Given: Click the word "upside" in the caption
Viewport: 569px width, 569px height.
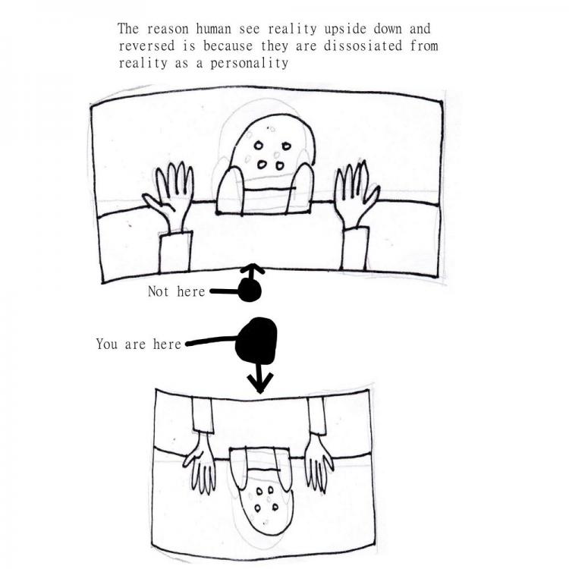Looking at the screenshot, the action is pyautogui.click(x=345, y=30).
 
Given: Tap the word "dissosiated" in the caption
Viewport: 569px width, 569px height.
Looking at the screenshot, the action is pyautogui.click(x=363, y=46).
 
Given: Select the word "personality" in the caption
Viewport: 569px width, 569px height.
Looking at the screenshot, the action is pyautogui.click(x=250, y=64).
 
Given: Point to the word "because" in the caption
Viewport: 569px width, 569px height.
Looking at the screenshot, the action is pyautogui.click(x=228, y=46).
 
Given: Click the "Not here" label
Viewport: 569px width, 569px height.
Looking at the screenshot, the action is pyautogui.click(x=176, y=291).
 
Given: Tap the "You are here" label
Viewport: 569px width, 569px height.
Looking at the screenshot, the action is pyautogui.click(x=138, y=344).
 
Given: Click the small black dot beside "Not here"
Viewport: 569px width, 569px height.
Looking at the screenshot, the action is pyautogui.click(x=250, y=291).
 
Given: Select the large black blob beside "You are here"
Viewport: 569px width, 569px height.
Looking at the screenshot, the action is pyautogui.click(x=256, y=341).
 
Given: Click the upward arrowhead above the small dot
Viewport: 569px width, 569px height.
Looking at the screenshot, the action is pyautogui.click(x=253, y=269).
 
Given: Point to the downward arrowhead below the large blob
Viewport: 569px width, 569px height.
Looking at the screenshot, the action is pyautogui.click(x=259, y=384).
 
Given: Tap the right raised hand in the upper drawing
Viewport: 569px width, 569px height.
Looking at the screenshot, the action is pyautogui.click(x=357, y=194).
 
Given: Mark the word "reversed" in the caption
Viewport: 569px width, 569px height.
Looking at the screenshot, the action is pyautogui.click(x=146, y=46).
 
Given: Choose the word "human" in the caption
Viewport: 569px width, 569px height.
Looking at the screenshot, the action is pyautogui.click(x=213, y=29).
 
